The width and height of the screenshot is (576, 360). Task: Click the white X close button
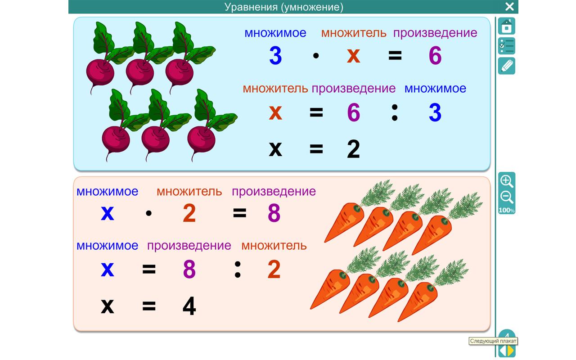[509, 6]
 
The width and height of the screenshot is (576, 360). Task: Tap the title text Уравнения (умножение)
[284, 7]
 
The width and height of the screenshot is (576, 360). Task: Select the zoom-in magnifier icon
[507, 181]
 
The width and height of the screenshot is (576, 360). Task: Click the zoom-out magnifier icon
[507, 198]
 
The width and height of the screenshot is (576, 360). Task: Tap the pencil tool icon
[507, 66]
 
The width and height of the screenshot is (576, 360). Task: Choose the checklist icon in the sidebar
[507, 46]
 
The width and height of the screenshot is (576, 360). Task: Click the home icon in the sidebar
[507, 26]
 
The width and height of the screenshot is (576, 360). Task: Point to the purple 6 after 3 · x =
[435, 55]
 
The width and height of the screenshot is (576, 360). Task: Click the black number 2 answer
[353, 149]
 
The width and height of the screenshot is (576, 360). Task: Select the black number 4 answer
[189, 306]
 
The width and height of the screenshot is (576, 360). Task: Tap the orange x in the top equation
[353, 56]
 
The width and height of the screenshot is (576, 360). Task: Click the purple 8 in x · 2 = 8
[274, 213]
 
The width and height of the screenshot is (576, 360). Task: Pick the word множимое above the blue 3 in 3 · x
[275, 33]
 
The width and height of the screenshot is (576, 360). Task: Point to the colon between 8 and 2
[238, 270]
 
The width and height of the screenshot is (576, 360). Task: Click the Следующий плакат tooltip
[493, 341]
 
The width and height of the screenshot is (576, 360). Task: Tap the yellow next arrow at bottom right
[511, 351]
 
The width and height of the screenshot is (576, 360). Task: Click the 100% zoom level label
[507, 210]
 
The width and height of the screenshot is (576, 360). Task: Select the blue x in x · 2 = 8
[107, 213]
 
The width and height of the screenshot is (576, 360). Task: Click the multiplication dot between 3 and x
[316, 55]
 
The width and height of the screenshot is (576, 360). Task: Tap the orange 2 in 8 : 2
[274, 270]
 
